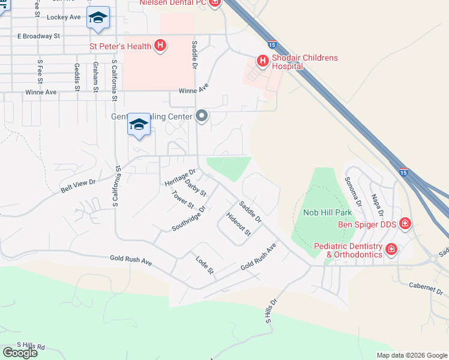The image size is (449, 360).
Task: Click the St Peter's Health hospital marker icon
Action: pos(160,45)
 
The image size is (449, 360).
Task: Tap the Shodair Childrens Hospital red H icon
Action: pos(262,61)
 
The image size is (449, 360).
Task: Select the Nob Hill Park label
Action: pos(327,212)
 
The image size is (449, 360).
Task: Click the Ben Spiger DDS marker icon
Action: pos(405,224)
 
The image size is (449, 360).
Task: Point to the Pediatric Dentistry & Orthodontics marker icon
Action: pos(391,249)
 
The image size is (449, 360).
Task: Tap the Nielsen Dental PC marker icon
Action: pos(214,3)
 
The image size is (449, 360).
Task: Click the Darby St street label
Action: pos(195,188)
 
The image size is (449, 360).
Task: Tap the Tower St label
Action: pos(183,200)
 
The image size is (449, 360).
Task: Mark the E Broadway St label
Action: pos(39,36)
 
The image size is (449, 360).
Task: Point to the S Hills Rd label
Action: pos(31,346)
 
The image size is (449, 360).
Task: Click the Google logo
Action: pos(20,352)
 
